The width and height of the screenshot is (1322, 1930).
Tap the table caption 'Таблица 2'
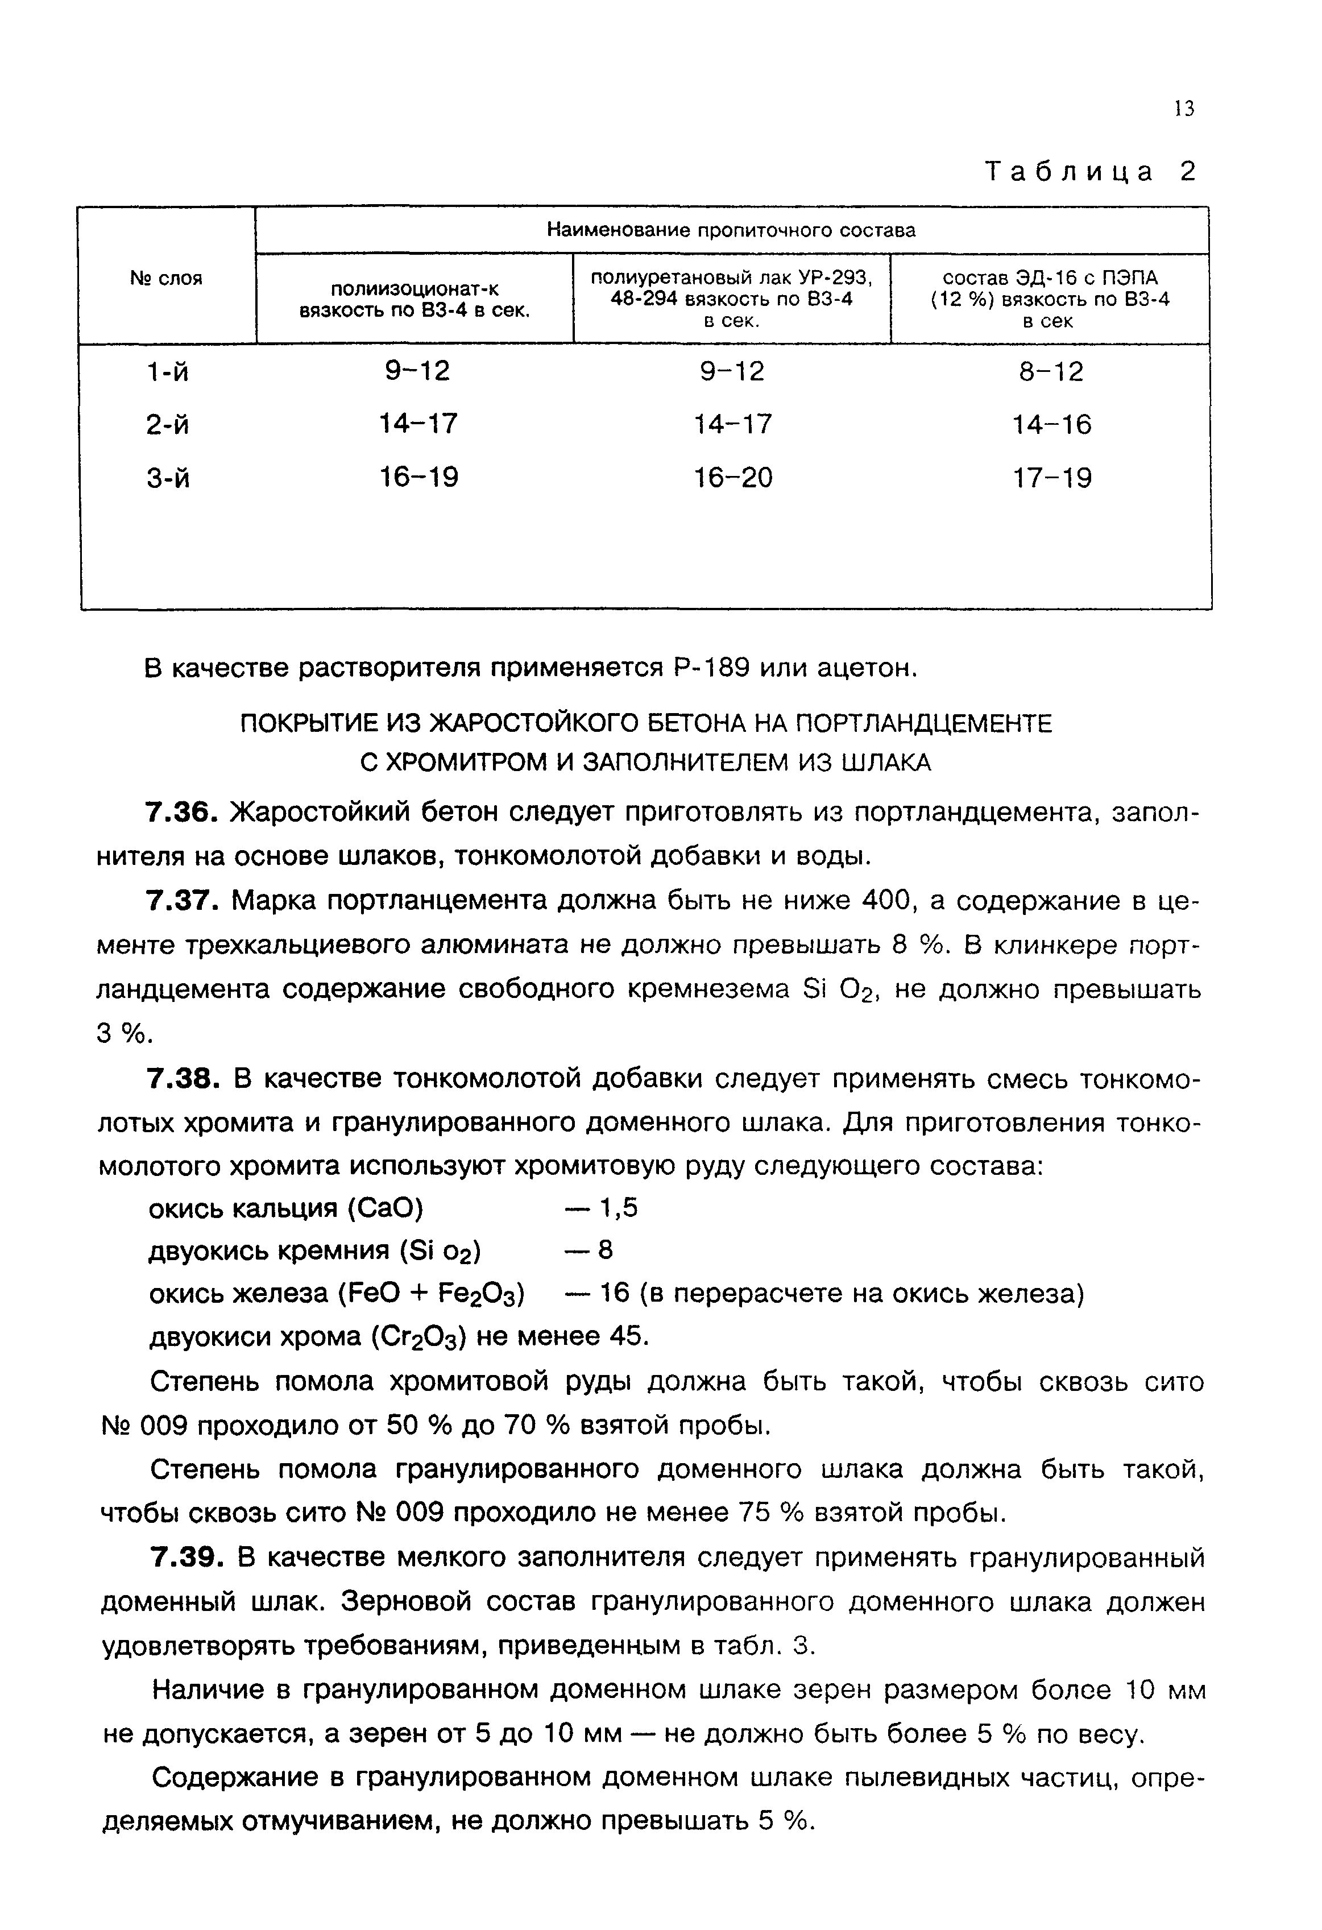click(x=1091, y=171)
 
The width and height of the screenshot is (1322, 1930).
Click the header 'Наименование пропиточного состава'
click(x=731, y=230)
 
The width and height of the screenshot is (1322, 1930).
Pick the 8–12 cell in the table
click(x=1050, y=371)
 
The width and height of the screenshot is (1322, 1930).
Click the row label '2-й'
click(x=167, y=425)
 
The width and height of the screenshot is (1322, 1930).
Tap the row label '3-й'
click(x=167, y=478)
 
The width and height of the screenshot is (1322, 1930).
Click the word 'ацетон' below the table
click(x=865, y=668)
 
